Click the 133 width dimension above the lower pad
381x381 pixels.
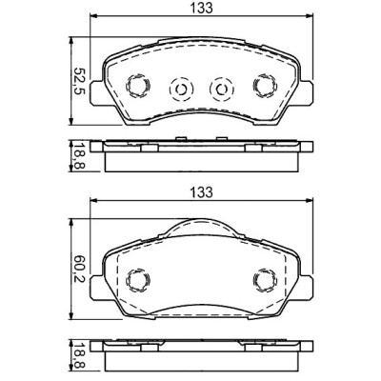click(199, 191)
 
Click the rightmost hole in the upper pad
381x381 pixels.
click(263, 87)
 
